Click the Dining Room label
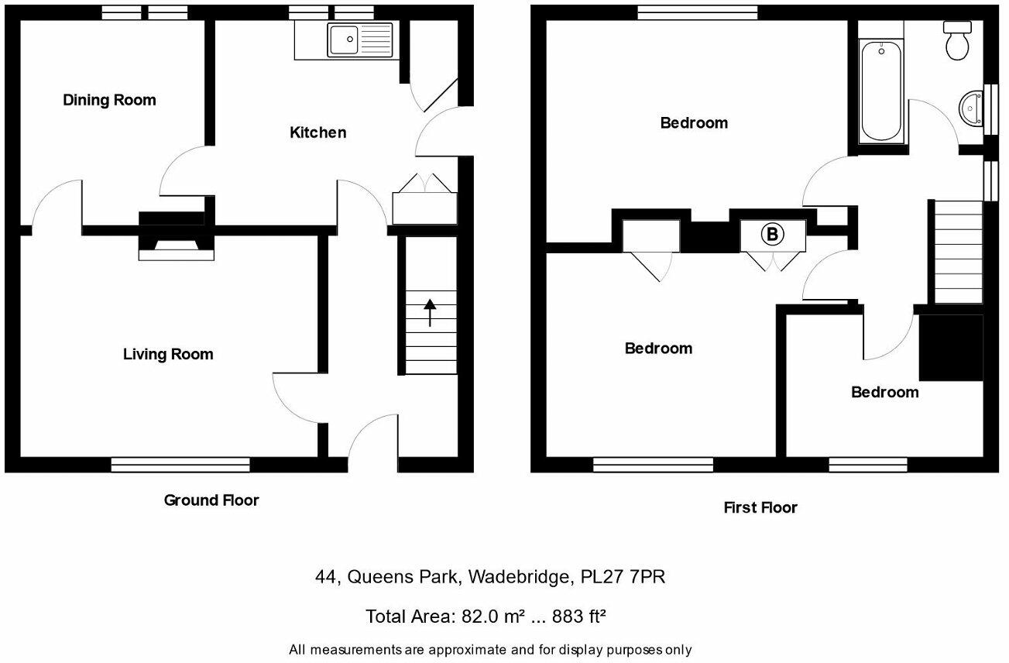[x=109, y=100]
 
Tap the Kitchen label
[x=317, y=132]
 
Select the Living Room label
[x=168, y=354]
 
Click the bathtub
[x=881, y=91]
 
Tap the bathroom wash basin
[x=970, y=109]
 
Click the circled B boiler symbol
[x=772, y=235]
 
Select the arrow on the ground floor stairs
[x=429, y=312]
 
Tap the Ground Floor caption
[x=211, y=500]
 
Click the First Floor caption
[x=760, y=508]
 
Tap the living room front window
[x=180, y=465]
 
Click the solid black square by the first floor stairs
[x=950, y=348]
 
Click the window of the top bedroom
[x=697, y=12]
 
